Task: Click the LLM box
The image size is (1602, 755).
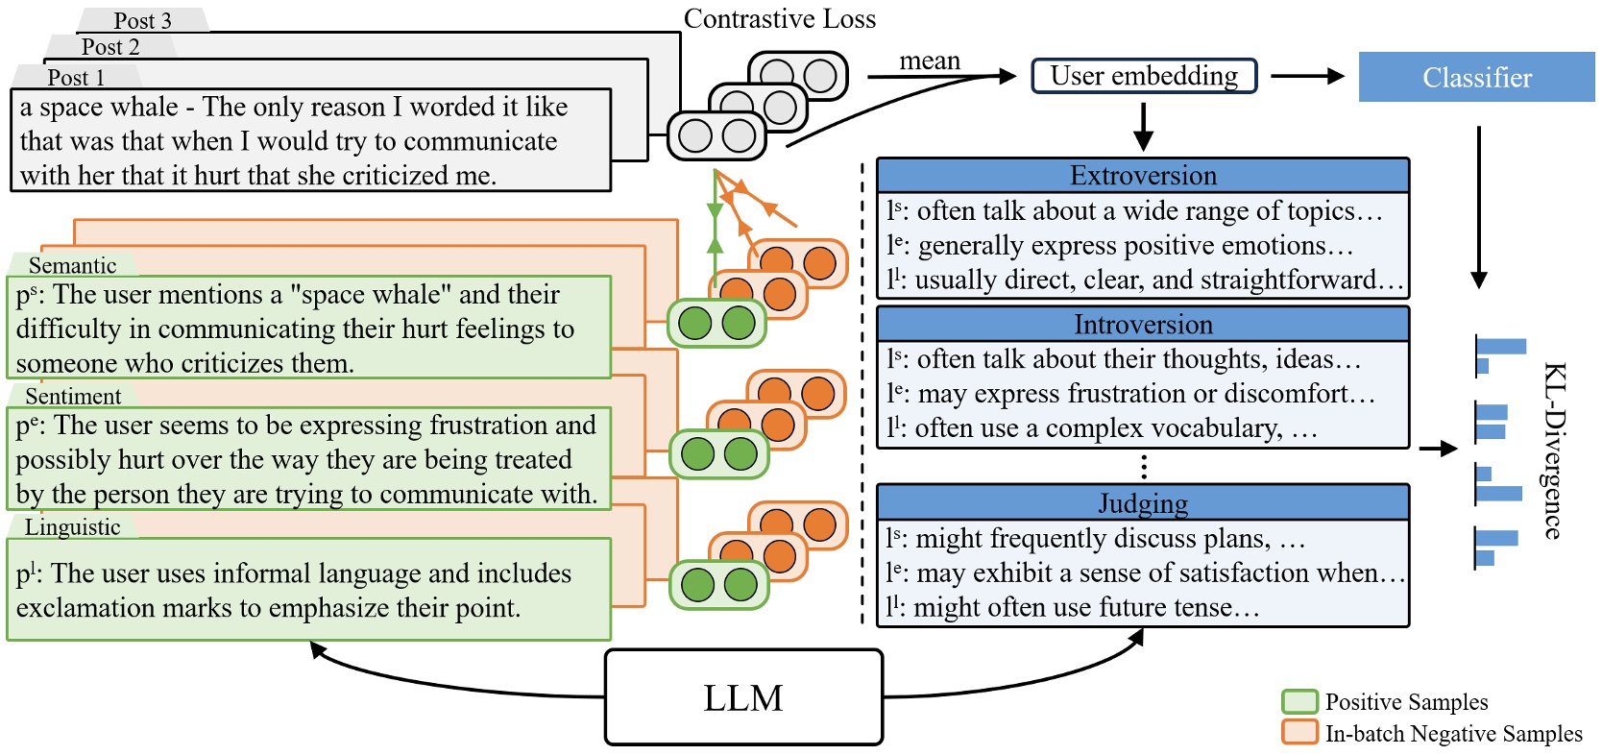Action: pos(743,697)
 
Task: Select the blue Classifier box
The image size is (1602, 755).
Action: pos(1476,77)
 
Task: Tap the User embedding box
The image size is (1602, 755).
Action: pos(1144,76)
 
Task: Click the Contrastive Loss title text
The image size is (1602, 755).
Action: pos(779,19)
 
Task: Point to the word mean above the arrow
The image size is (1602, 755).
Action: pos(929,61)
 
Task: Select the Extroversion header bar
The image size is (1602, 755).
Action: pos(1143,176)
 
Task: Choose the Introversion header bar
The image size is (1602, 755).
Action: pos(1143,325)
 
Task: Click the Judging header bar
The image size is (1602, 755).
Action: pos(1143,503)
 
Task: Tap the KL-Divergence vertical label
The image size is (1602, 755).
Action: pos(1555,450)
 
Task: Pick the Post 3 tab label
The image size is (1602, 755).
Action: pos(142,20)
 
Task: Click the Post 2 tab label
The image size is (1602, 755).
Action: pos(110,46)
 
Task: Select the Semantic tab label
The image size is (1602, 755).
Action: pos(72,265)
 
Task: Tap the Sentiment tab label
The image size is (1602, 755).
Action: pos(73,396)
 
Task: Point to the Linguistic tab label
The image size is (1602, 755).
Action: pos(72,526)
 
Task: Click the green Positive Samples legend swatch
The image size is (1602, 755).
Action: pos(1299,701)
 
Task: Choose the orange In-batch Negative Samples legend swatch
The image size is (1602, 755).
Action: pos(1299,732)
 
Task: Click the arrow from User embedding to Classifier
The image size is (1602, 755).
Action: pos(1307,77)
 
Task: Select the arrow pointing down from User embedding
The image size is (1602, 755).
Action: pos(1143,127)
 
